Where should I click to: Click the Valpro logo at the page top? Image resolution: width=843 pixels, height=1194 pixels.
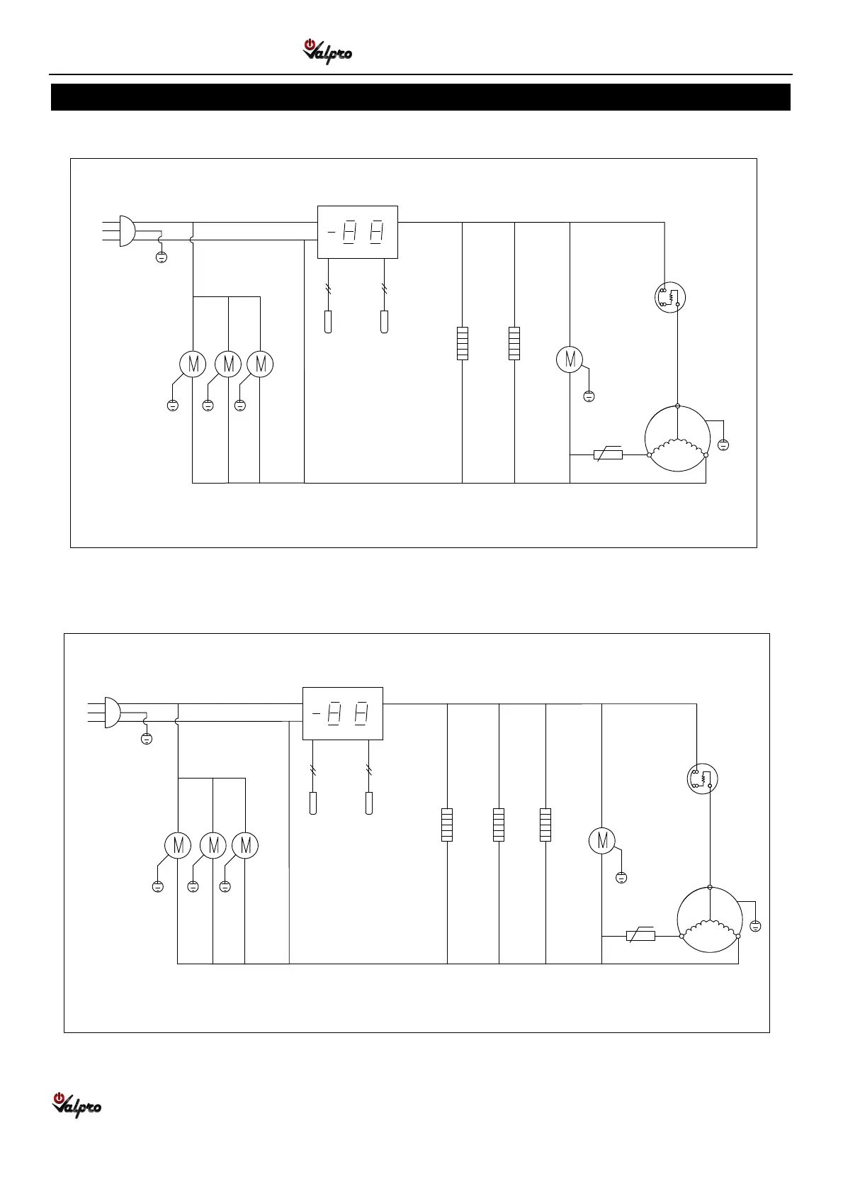click(327, 52)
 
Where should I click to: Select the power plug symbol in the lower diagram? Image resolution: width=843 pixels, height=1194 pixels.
click(112, 712)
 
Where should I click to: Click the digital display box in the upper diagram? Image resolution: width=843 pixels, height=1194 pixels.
click(358, 232)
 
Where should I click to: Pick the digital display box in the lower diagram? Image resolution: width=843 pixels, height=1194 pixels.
click(343, 713)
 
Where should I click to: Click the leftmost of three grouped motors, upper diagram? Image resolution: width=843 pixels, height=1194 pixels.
click(193, 364)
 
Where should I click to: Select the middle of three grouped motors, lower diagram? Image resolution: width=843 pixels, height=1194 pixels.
click(213, 845)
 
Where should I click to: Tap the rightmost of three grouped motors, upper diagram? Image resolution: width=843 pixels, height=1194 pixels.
click(260, 364)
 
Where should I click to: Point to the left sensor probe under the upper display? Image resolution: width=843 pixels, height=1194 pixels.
click(328, 322)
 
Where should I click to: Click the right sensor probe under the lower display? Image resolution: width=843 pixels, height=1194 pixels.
click(369, 803)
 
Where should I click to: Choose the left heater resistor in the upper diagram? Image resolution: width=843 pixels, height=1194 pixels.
click(462, 343)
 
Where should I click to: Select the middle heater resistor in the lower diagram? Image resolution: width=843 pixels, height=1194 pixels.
click(499, 825)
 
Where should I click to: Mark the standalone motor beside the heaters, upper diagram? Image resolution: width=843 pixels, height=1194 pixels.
click(570, 359)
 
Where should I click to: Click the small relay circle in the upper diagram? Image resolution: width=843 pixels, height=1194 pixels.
click(670, 297)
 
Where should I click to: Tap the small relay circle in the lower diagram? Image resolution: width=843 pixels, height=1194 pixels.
click(703, 779)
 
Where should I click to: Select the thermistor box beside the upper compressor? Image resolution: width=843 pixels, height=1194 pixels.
click(608, 454)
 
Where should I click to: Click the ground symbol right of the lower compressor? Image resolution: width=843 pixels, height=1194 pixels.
click(755, 926)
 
